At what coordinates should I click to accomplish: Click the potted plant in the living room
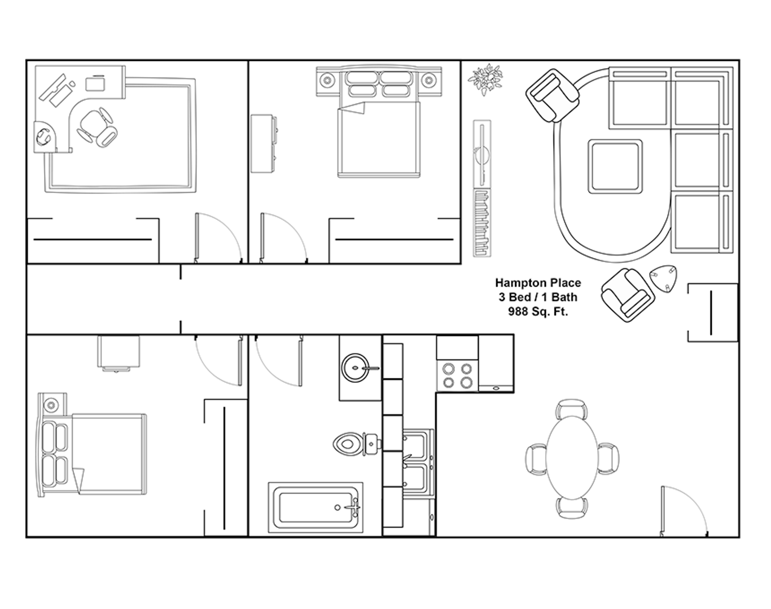pyautogui.click(x=485, y=80)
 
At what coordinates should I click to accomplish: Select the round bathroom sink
pyautogui.click(x=354, y=368)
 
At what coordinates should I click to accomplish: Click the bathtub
pyautogui.click(x=316, y=508)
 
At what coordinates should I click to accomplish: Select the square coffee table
pyautogui.click(x=615, y=166)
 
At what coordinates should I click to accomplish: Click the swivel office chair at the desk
pyautogui.click(x=97, y=128)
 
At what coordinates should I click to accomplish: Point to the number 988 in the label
pyautogui.click(x=518, y=311)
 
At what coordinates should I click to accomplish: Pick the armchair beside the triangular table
pyautogui.click(x=628, y=295)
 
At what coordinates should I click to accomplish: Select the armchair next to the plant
pyautogui.click(x=552, y=96)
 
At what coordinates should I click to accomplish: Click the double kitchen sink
pyautogui.click(x=418, y=462)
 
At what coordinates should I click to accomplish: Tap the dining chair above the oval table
pyautogui.click(x=572, y=408)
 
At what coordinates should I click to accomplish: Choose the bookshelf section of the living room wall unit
pyautogui.click(x=482, y=223)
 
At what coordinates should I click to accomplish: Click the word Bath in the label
pyautogui.click(x=564, y=297)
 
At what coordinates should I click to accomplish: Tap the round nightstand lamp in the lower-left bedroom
pyautogui.click(x=51, y=405)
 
